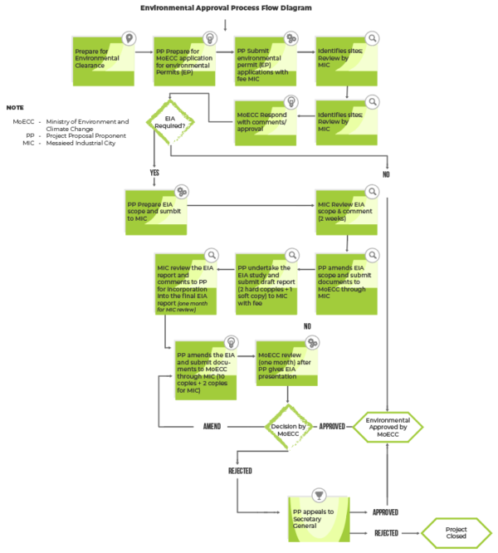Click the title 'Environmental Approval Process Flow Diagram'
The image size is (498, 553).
pos(226,7)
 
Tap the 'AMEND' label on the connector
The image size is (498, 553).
pos(212,427)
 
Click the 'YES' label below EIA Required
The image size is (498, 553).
pos(154,173)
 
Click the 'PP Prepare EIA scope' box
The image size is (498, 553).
pos(155,211)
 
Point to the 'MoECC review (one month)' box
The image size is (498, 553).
pos(286,368)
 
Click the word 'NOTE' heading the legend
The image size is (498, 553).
pos(15,108)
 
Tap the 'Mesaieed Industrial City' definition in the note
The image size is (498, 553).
pos(81,143)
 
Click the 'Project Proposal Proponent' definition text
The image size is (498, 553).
pos(86,135)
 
